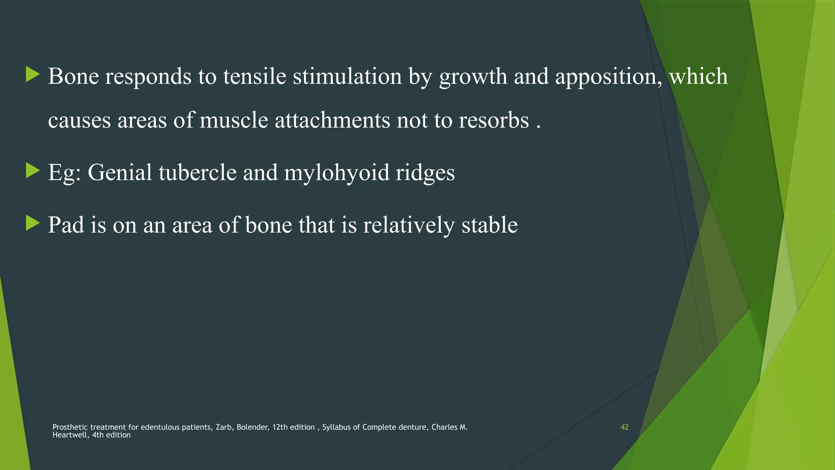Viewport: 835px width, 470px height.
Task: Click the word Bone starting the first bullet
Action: [73, 76]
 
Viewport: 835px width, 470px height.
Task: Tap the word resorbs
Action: [494, 120]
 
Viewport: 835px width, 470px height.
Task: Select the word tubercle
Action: [198, 173]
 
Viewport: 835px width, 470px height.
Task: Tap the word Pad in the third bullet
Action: [66, 225]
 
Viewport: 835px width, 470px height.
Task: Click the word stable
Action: [489, 225]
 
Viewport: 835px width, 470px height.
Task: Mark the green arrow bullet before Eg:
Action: [33, 171]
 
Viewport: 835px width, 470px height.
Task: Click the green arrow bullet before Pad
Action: [33, 223]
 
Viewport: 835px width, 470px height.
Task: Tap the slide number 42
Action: [624, 427]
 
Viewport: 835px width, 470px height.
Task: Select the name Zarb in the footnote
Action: [223, 427]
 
